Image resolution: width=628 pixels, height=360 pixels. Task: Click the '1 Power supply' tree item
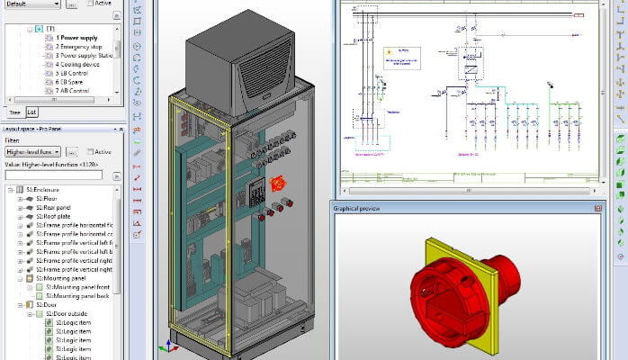click(76, 39)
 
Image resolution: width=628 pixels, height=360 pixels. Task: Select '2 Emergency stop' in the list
click(80, 47)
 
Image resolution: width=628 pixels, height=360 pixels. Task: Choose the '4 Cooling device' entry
click(78, 65)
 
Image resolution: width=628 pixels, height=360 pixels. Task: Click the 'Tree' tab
click(14, 112)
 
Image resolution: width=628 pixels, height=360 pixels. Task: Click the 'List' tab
click(31, 112)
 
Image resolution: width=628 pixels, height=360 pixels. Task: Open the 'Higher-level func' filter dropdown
click(33, 152)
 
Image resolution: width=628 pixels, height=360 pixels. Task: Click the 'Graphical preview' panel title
click(357, 208)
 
